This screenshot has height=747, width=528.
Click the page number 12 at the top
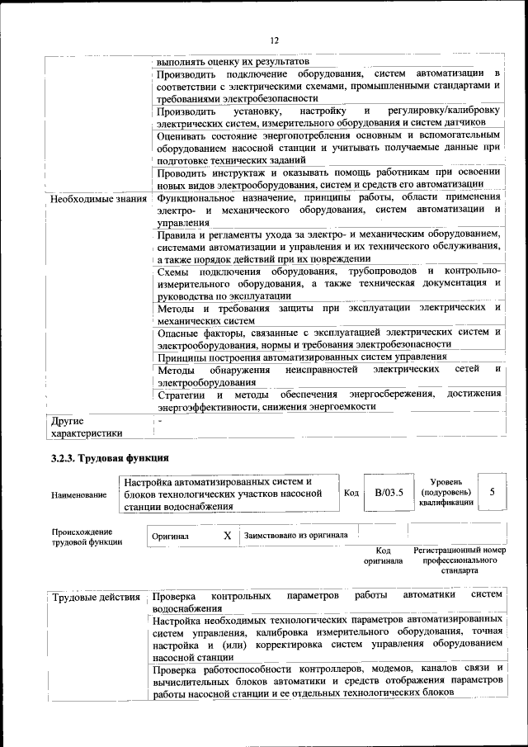pos(274,40)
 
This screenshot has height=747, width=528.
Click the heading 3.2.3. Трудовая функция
pos(109,458)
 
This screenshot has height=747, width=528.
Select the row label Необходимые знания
pos(97,199)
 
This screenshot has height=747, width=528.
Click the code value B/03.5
pos(388,493)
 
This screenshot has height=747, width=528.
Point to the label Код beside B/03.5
pos(351,494)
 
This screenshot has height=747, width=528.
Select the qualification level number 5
pos(492,492)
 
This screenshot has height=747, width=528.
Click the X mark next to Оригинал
pos(228,535)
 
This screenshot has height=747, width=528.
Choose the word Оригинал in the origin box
pos(171,537)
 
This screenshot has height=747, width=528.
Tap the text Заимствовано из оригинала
pos(295,536)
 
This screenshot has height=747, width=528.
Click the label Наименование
pos(78,494)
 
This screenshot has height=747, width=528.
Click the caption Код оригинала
pos(383,556)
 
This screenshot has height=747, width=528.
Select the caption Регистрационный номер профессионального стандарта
pos(459,560)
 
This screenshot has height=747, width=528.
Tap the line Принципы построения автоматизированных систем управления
pos(302,357)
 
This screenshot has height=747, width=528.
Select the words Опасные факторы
pos(197,333)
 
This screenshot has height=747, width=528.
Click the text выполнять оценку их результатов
pos(232,61)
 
